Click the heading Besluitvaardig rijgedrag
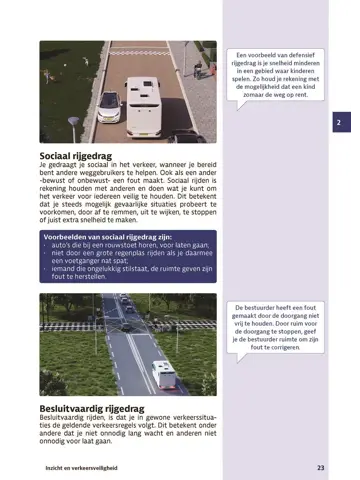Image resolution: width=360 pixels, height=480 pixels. click(x=88, y=407)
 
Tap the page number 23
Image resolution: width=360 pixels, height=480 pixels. click(x=320, y=467)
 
